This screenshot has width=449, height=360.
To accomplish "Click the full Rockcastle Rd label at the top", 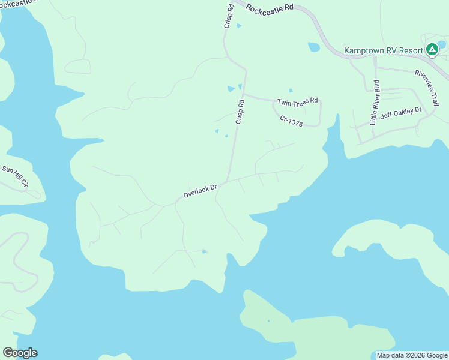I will pyautogui.click(x=270, y=7).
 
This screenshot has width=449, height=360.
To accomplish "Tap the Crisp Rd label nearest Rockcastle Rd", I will pyautogui.click(x=229, y=16).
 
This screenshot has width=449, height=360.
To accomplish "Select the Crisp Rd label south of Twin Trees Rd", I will pyautogui.click(x=240, y=112).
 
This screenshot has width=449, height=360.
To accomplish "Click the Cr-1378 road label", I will pyautogui.click(x=291, y=121).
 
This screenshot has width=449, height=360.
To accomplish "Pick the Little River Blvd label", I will pyautogui.click(x=375, y=98).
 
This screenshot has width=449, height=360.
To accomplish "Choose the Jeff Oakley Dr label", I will pyautogui.click(x=402, y=112).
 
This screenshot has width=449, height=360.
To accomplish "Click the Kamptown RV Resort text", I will pyautogui.click(x=384, y=50).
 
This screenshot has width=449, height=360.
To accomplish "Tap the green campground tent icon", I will pyautogui.click(x=431, y=50).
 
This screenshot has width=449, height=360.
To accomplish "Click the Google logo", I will pyautogui.click(x=20, y=352).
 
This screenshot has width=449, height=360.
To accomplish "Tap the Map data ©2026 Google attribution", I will pyautogui.click(x=411, y=355).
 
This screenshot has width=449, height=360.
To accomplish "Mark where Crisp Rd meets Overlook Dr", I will pyautogui.click(x=226, y=180).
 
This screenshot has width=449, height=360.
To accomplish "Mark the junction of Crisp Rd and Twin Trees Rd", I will pyautogui.click(x=243, y=94).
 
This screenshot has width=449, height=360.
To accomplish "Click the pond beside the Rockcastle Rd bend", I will pyautogui.click(x=313, y=47).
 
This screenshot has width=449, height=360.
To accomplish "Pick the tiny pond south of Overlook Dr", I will pyautogui.click(x=204, y=251).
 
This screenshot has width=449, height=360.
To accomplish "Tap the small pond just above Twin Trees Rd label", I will pyautogui.click(x=291, y=91).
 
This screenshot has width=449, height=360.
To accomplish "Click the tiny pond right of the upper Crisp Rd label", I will pyautogui.click(x=239, y=26).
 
